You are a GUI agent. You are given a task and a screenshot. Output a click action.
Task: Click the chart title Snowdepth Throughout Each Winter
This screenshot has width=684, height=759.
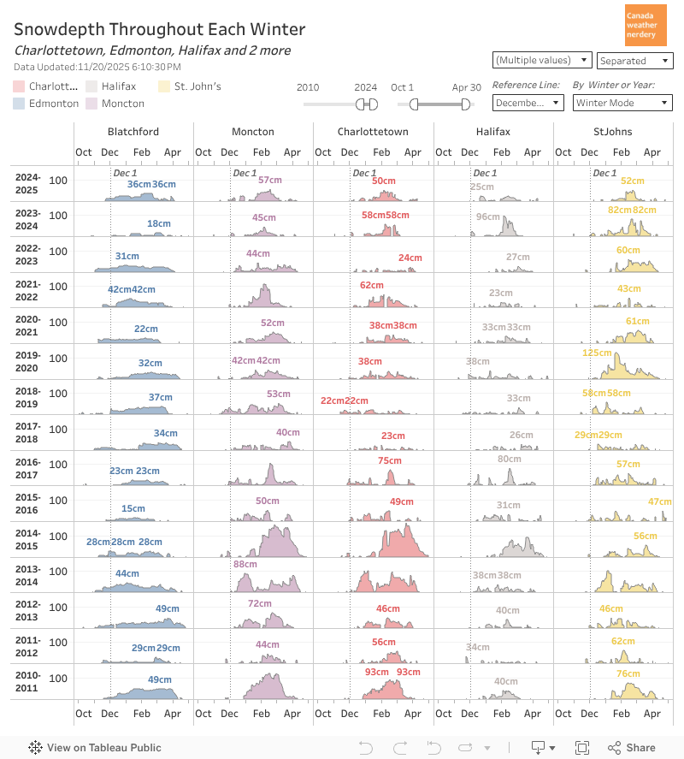[159, 30]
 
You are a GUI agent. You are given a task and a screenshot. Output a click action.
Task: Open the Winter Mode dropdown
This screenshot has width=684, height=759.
[622, 103]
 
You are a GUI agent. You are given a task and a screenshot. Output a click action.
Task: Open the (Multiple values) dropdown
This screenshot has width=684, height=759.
[542, 60]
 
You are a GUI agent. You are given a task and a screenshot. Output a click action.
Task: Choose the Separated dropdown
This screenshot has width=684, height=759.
[634, 61]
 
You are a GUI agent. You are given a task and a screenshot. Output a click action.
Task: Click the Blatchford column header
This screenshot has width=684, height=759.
[133, 132]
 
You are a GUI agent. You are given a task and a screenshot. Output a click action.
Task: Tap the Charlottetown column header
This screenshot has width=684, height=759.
[373, 132]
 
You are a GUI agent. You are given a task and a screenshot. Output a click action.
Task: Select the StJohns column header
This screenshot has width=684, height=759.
[613, 132]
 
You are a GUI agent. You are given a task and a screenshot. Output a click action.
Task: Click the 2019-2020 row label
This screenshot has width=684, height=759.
[28, 362]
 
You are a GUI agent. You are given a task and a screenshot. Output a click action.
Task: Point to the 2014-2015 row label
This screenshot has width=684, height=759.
[28, 540]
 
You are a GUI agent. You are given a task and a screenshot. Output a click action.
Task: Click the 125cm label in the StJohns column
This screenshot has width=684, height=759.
[597, 353]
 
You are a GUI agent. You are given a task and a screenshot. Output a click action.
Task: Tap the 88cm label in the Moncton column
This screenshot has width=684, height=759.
[245, 564]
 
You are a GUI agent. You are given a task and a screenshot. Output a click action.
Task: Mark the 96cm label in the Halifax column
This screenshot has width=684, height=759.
[488, 216]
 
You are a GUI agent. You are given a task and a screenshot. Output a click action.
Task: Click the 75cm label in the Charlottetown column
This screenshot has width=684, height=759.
[389, 461]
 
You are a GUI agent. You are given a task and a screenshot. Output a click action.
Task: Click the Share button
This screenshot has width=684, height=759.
[632, 747]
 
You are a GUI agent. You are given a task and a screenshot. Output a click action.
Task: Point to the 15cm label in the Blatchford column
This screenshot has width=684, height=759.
[133, 509]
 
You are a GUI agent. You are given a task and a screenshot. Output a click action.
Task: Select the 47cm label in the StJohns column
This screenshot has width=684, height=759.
[659, 501]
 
